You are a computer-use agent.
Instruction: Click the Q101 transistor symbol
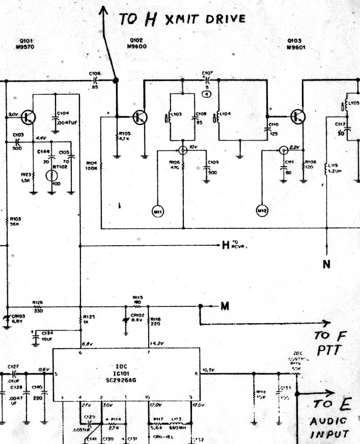click(x=29, y=117)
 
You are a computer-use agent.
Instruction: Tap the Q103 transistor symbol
click(x=298, y=117)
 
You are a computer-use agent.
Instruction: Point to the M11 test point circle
click(x=157, y=210)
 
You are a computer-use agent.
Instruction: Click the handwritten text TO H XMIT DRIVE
click(x=182, y=19)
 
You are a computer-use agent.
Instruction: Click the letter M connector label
click(x=225, y=306)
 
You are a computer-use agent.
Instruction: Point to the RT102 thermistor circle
click(x=52, y=176)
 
